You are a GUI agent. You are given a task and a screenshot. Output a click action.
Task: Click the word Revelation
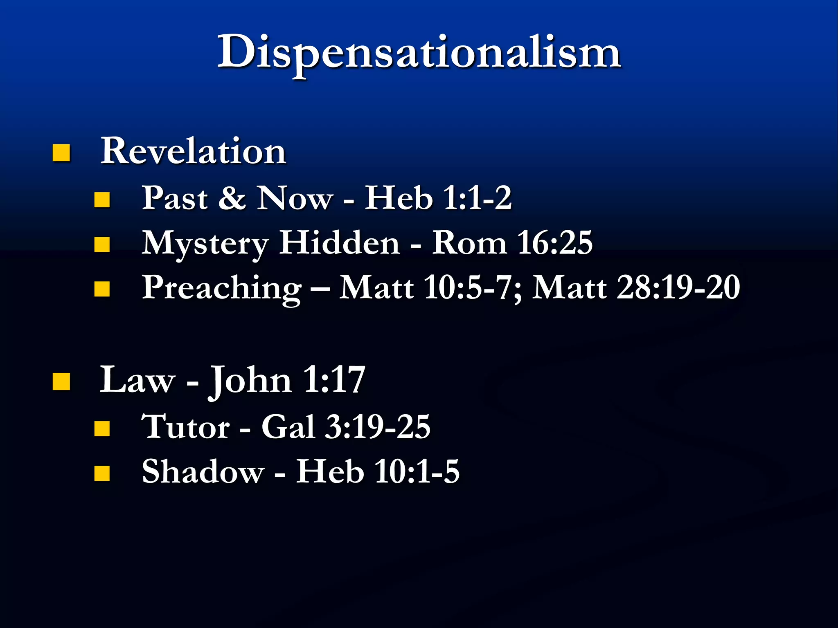pyautogui.click(x=193, y=151)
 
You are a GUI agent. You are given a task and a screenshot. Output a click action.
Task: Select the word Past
pyautogui.click(x=175, y=199)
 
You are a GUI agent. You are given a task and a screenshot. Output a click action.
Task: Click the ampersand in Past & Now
pyautogui.click(x=232, y=199)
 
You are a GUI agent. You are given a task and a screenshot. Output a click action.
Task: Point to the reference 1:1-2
pyautogui.click(x=477, y=199)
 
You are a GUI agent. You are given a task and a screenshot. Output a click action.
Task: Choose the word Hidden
pyautogui.click(x=339, y=243)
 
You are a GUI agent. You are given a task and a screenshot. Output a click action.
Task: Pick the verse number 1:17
pyautogui.click(x=334, y=380)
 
